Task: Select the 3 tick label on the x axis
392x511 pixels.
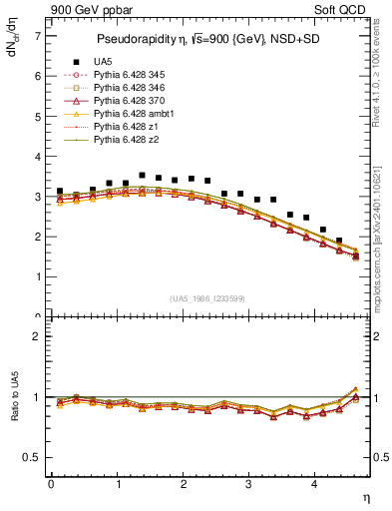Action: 249,483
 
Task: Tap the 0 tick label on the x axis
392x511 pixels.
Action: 51,483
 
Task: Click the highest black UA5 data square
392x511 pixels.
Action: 142,176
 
